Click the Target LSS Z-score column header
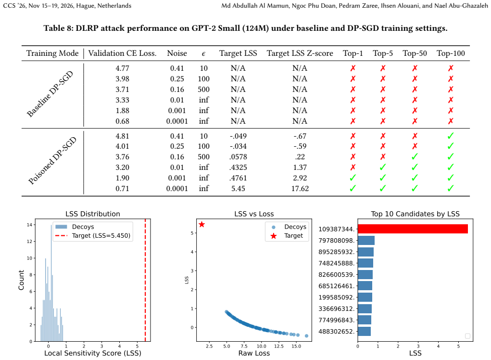click(x=300, y=53)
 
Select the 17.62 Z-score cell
click(x=300, y=188)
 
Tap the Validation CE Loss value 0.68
click(x=122, y=121)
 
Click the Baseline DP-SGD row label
click(x=50, y=94)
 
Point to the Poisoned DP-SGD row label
click(x=52, y=160)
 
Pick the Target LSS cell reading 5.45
click(x=238, y=188)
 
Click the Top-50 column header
click(x=415, y=53)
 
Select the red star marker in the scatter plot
click(x=201, y=224)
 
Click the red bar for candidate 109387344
click(x=413, y=229)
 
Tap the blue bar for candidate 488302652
click(x=364, y=331)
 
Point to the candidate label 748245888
click(x=337, y=263)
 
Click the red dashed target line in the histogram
click(x=145, y=280)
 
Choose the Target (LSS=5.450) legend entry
click(x=93, y=236)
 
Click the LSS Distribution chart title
click(x=93, y=214)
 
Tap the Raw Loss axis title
click(x=254, y=353)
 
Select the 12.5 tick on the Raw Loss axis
click(x=279, y=346)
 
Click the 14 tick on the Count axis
click(x=29, y=225)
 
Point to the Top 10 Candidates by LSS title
click(x=415, y=214)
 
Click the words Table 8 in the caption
click(x=59, y=28)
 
